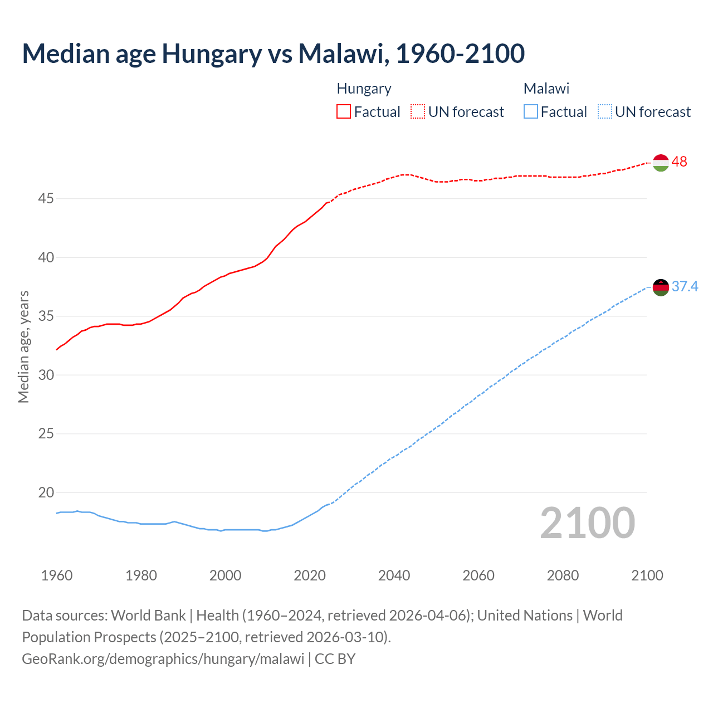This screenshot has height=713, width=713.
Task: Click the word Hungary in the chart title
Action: click(212, 53)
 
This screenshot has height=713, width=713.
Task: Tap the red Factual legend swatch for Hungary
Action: click(344, 111)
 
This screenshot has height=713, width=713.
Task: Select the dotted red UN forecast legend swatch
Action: click(418, 111)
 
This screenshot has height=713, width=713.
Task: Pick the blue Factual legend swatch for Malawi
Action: click(531, 111)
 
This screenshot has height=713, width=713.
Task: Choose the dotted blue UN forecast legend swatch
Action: click(604, 111)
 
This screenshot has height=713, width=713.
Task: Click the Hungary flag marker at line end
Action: click(661, 163)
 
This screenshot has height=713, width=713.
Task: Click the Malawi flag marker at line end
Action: click(661, 287)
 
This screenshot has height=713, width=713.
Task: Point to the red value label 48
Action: click(679, 162)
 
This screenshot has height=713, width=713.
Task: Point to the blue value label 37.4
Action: click(685, 286)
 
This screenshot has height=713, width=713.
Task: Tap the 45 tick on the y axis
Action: click(46, 198)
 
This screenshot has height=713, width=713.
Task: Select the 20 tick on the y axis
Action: click(46, 492)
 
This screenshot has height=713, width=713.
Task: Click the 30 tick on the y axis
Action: click(46, 375)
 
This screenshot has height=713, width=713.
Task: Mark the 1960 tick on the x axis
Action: click(57, 575)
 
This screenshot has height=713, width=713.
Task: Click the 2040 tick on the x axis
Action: click(394, 575)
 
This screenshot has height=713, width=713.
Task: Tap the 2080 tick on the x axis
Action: click(563, 575)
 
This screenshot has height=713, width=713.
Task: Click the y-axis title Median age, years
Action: click(23, 346)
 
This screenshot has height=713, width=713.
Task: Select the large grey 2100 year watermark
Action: click(588, 522)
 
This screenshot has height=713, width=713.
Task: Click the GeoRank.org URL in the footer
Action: click(163, 659)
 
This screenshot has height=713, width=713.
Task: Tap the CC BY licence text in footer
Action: click(335, 659)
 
